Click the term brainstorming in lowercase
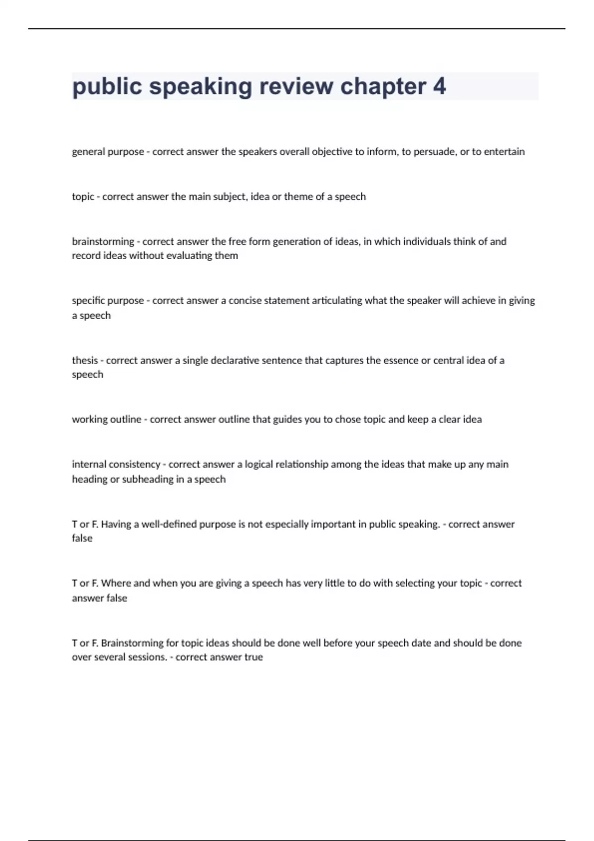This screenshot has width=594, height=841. [103, 241]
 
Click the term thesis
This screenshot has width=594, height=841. [85, 360]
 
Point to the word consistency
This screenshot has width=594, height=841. [134, 465]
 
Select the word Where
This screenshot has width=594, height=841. [116, 583]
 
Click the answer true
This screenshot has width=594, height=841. [253, 657]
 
